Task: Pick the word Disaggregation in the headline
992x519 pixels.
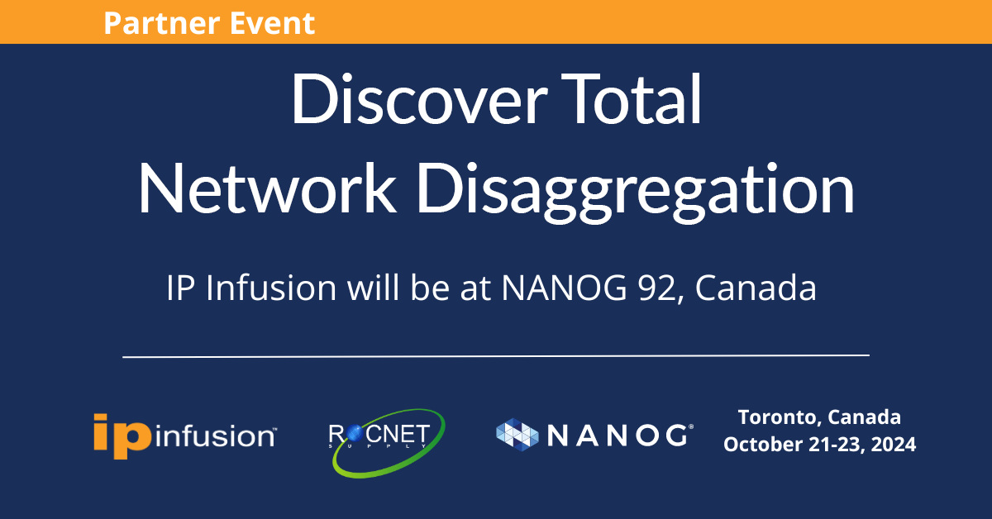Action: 636,193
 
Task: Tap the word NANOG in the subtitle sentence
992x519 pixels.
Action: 564,288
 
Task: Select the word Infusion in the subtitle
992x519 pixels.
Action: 271,288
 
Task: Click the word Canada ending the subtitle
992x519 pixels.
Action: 756,288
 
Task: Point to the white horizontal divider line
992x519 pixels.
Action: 496,356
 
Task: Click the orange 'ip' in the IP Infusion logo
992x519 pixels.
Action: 122,436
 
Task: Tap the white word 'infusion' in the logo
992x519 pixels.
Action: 215,436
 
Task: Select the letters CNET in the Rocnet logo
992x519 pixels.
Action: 398,434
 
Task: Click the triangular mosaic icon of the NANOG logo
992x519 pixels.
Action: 517,435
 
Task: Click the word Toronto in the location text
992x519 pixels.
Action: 779,417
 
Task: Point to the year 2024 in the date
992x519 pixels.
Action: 894,445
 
